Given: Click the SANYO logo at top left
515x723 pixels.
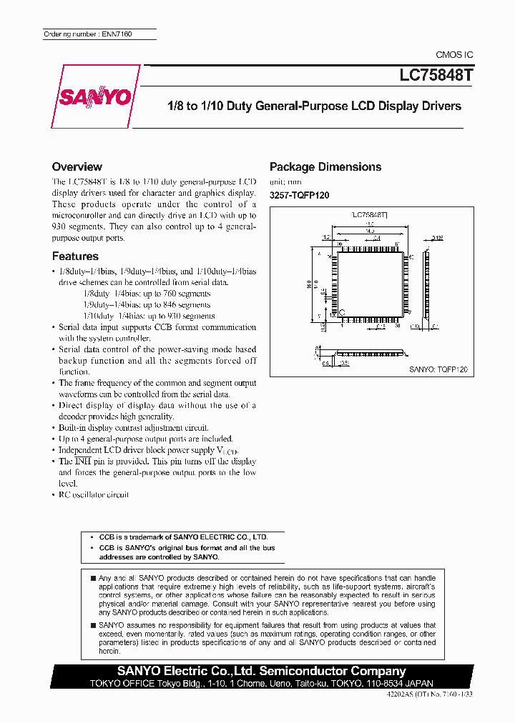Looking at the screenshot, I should click(x=96, y=96).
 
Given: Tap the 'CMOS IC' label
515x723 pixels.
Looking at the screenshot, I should click(x=454, y=55).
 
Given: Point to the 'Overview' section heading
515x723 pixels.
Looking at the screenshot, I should click(x=77, y=166).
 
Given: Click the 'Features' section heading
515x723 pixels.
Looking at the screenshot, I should click(x=75, y=256).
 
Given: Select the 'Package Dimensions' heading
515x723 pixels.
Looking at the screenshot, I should click(x=325, y=166).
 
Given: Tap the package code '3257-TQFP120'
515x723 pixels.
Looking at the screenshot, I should click(x=299, y=195).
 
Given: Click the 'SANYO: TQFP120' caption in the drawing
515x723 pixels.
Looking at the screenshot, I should click(x=438, y=369).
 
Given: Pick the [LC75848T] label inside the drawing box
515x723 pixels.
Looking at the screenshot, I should click(x=369, y=214).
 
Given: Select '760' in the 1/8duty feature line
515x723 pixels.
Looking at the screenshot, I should click(x=165, y=294).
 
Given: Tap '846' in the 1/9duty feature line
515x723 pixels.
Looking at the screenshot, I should click(x=165, y=304).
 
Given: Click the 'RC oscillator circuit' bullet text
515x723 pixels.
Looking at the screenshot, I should click(x=94, y=494).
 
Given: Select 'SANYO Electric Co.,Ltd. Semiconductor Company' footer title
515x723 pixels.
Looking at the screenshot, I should click(x=262, y=671).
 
